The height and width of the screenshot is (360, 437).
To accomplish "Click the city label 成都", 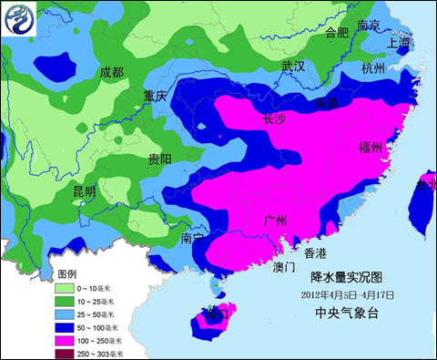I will [x=112, y=72].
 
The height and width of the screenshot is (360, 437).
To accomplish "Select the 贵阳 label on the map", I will [x=159, y=159].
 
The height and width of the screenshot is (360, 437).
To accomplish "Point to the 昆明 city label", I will [x=84, y=192].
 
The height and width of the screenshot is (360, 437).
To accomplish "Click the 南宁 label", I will [x=193, y=238].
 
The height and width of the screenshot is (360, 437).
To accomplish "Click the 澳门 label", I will [x=284, y=268].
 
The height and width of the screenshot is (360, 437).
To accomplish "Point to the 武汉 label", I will [x=293, y=67].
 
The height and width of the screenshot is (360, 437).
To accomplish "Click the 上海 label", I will [x=400, y=43].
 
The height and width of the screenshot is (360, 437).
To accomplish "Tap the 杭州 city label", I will [x=373, y=68].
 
